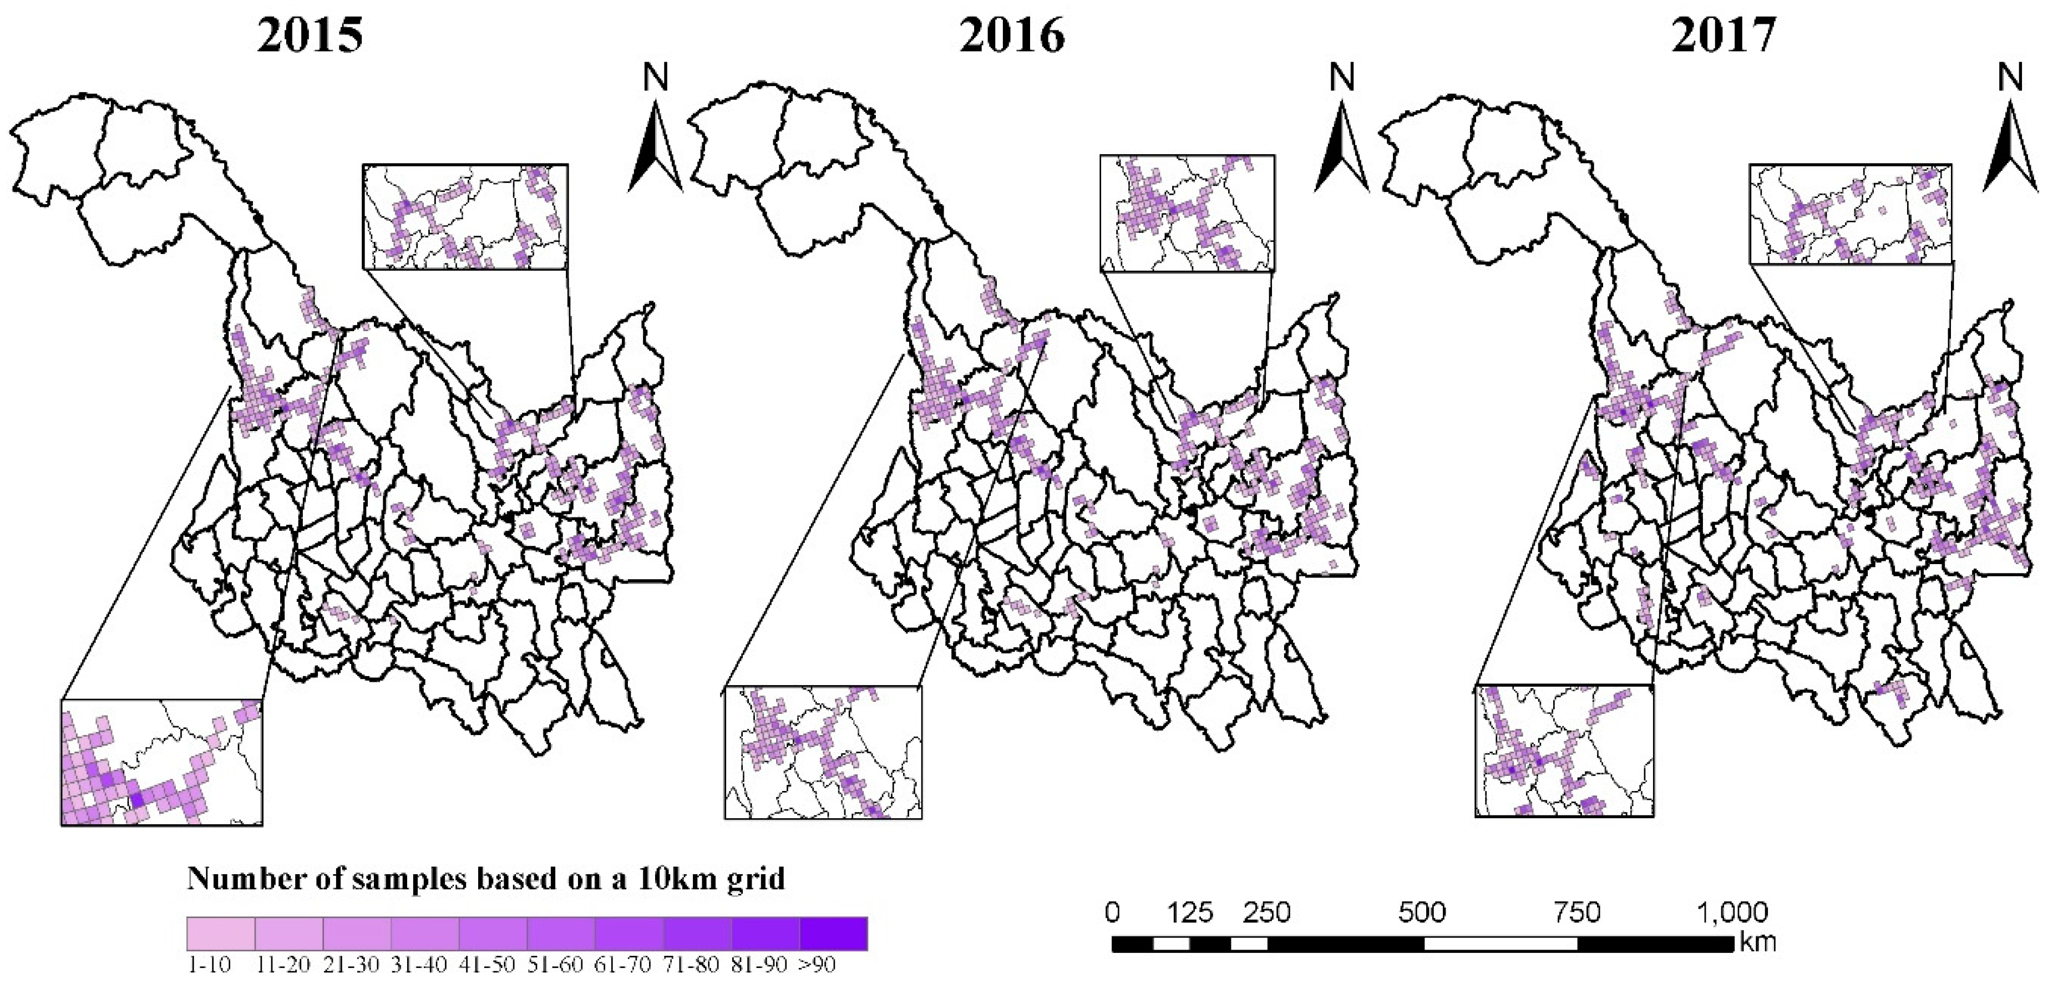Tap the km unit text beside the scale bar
(1758, 944)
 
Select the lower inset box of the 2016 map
(823, 752)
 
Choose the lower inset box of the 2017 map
(1564, 750)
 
